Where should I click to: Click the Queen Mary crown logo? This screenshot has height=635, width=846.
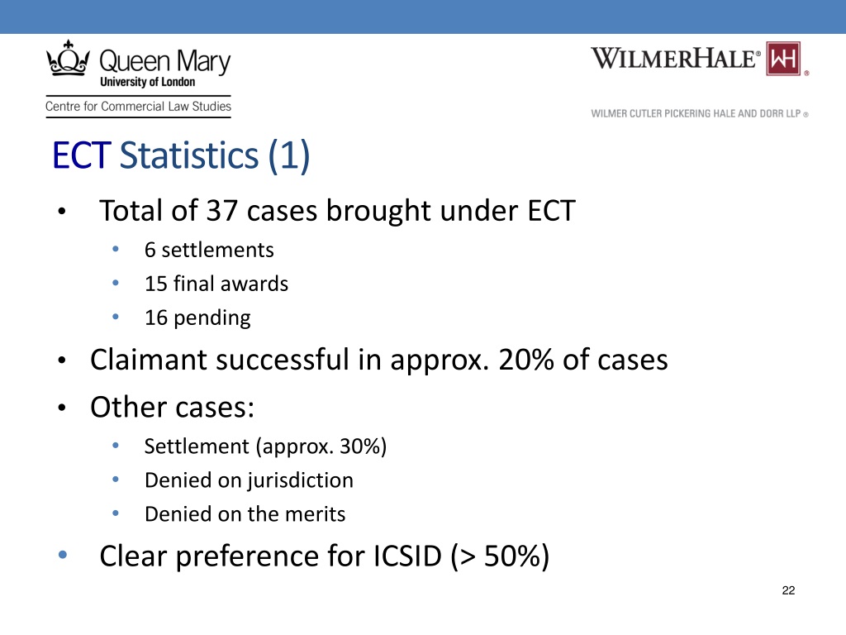pyautogui.click(x=69, y=60)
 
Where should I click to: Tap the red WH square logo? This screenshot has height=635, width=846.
pyautogui.click(x=786, y=59)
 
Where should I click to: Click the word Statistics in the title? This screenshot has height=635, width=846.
pyautogui.click(x=188, y=156)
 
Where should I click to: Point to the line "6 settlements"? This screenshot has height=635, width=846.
pyautogui.click(x=208, y=250)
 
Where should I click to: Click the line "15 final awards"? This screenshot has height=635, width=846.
pyautogui.click(x=216, y=284)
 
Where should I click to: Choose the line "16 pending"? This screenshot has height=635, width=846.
pyautogui.click(x=197, y=317)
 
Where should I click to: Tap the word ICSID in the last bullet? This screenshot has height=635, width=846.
pyautogui.click(x=402, y=556)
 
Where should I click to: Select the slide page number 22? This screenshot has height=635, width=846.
pyautogui.click(x=787, y=590)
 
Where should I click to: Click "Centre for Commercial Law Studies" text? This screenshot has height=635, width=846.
pyautogui.click(x=138, y=107)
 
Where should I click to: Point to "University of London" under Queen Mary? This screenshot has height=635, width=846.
pyautogui.click(x=147, y=82)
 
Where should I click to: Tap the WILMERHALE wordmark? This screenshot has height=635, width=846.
pyautogui.click(x=676, y=59)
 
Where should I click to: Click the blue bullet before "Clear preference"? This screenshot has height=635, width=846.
pyautogui.click(x=64, y=556)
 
